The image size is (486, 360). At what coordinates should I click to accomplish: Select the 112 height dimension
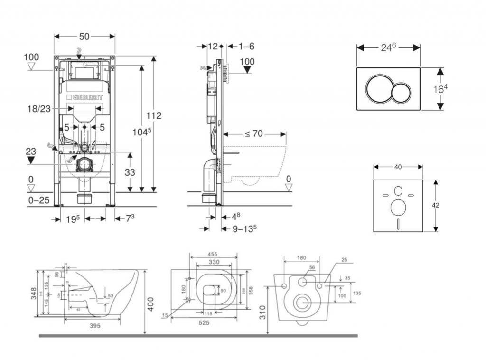pyautogui.click(x=153, y=115)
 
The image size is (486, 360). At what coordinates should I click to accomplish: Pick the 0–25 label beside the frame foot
pyautogui.click(x=38, y=200)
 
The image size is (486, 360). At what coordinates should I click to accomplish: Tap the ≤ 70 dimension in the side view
pyautogui.click(x=254, y=134)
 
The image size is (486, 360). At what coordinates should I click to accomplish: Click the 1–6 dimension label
pyautogui.click(x=247, y=46)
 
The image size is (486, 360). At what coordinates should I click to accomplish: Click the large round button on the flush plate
pyautogui.click(x=378, y=89)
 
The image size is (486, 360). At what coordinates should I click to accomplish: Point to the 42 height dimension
pyautogui.click(x=436, y=205)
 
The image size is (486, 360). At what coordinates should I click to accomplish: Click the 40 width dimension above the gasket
pyautogui.click(x=398, y=167)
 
